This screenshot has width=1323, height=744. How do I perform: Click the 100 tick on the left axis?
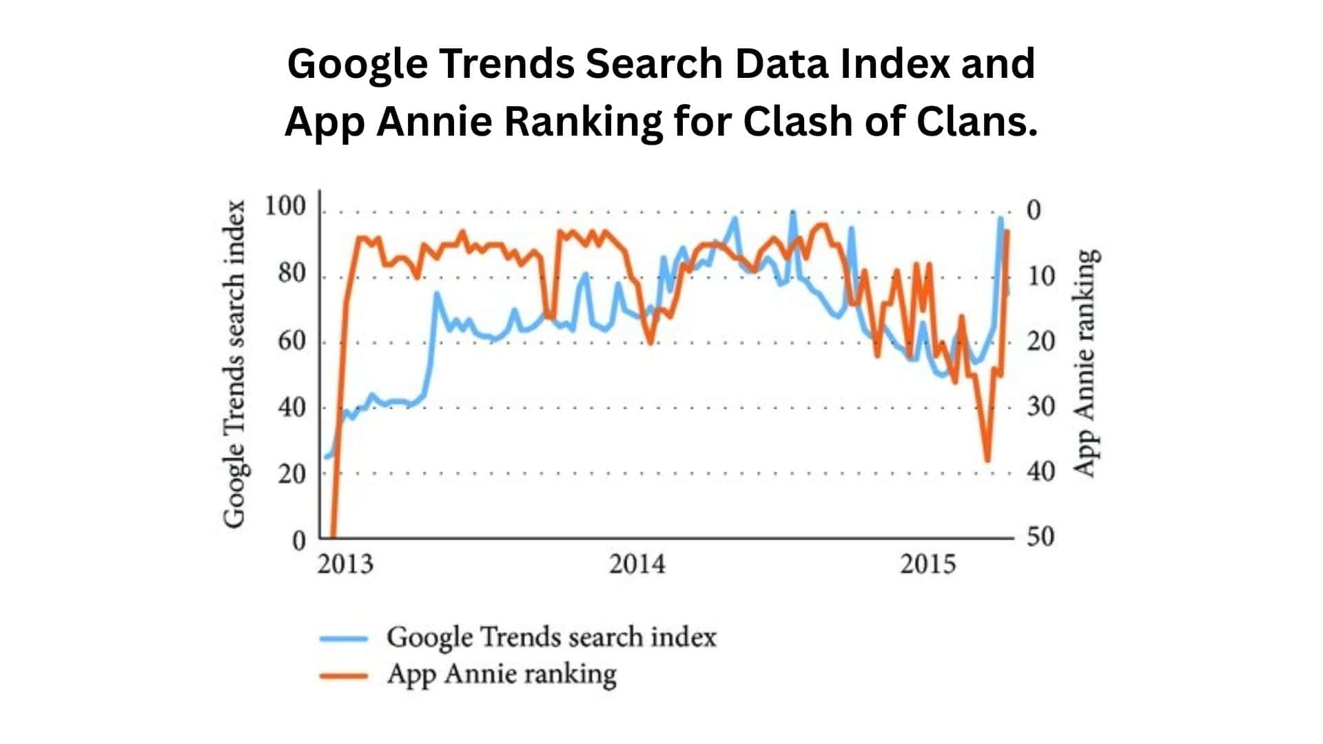point(285,207)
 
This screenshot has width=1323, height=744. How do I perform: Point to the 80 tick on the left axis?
point(291,273)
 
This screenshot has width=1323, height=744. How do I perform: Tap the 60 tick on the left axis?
point(291,340)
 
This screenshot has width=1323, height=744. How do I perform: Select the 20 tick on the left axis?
point(291,474)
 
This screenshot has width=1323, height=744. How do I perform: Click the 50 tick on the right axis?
point(1040,537)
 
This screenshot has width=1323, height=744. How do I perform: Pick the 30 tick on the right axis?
point(1040,406)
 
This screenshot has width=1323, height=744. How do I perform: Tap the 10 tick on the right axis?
point(1040,276)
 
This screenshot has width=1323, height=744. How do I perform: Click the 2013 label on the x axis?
point(345,564)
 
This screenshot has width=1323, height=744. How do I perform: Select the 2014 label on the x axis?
point(637,564)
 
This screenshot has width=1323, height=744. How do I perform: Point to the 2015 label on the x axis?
point(928,564)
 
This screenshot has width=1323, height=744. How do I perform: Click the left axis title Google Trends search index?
point(235,364)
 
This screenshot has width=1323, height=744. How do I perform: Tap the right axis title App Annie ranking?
point(1085,363)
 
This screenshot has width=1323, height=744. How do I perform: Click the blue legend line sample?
point(344,639)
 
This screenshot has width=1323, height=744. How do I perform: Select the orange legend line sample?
point(344,676)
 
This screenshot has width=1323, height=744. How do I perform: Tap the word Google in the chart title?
point(356,63)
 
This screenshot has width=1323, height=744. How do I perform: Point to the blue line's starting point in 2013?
point(326,457)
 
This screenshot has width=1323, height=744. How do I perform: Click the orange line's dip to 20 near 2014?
point(650,342)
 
